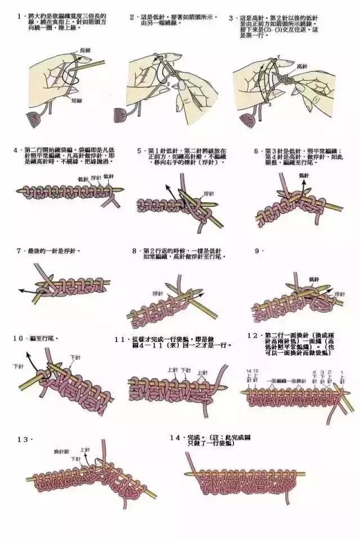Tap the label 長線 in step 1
(86, 51)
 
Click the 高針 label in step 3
(301, 66)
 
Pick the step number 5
(140, 151)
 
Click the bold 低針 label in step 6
(304, 176)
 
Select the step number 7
(19, 250)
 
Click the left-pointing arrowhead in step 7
(21, 290)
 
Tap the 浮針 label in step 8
(157, 294)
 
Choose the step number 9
(257, 250)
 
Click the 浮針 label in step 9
(339, 294)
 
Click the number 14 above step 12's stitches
(249, 371)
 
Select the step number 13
(22, 439)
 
